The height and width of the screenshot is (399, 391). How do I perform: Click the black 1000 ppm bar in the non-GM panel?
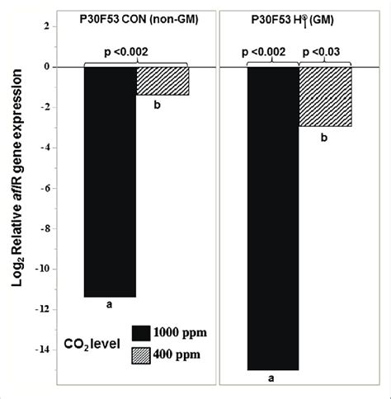point(110,181)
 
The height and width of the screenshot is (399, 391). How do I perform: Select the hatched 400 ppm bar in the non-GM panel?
point(162,81)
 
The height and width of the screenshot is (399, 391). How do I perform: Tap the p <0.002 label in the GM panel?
point(269,53)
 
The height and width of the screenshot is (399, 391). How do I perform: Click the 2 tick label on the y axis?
point(49,27)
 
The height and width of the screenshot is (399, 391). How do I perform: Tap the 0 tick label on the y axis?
point(49,67)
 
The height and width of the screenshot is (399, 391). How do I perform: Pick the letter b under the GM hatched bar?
point(324,138)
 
